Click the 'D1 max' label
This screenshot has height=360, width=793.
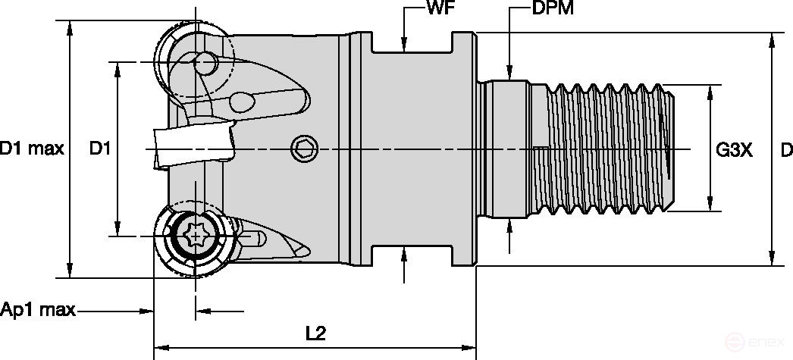tap(31, 149)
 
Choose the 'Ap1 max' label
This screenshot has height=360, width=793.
tap(38, 310)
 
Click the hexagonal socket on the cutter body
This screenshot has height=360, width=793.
tap(303, 149)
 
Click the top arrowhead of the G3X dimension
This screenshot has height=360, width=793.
tap(710, 91)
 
